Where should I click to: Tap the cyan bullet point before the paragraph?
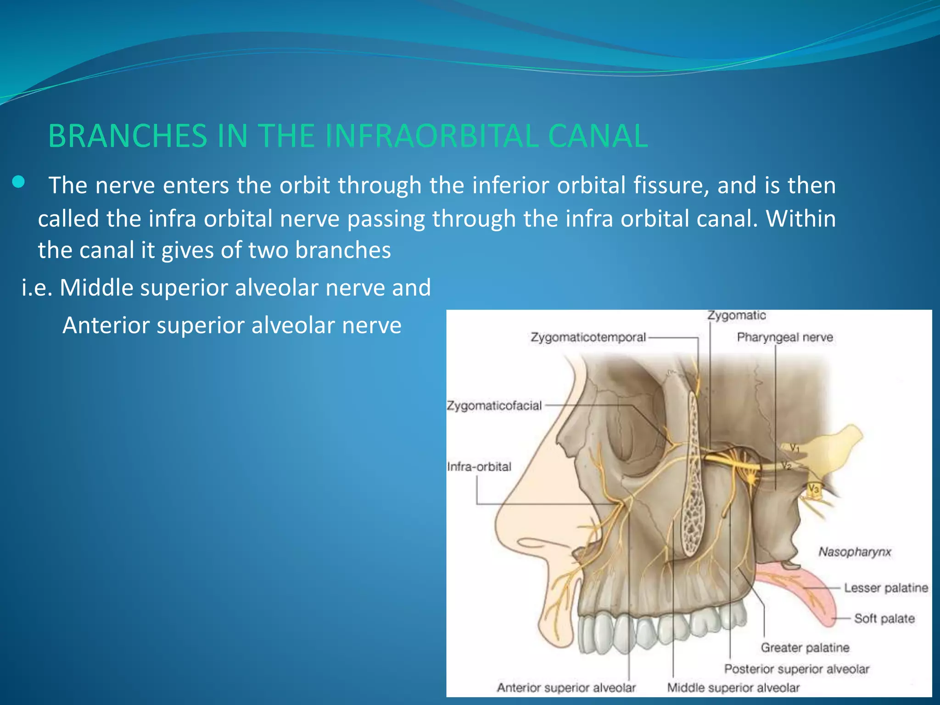pyautogui.click(x=18, y=183)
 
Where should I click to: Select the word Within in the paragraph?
pyautogui.click(x=800, y=218)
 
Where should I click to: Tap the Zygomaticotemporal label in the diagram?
pyautogui.click(x=588, y=337)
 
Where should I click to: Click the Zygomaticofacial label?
pyautogui.click(x=494, y=406)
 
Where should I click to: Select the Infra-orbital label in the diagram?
pyautogui.click(x=479, y=467)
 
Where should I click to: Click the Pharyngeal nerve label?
pyautogui.click(x=784, y=337)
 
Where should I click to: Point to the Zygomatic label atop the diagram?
pyautogui.click(x=736, y=316)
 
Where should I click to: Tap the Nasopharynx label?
pyautogui.click(x=855, y=552)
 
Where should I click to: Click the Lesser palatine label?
pyautogui.click(x=886, y=588)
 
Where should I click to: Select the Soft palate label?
pyautogui.click(x=884, y=619)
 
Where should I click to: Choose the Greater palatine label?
pyautogui.click(x=805, y=648)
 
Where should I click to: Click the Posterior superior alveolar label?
pyautogui.click(x=797, y=669)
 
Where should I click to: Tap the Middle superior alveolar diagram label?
pyautogui.click(x=733, y=688)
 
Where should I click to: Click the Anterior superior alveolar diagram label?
pyautogui.click(x=566, y=688)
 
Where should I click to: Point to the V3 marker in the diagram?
pyautogui.click(x=813, y=489)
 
